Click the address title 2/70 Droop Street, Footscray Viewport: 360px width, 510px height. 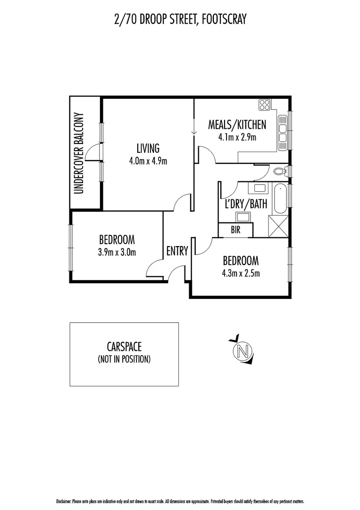180,20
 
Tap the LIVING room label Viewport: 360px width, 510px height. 148,148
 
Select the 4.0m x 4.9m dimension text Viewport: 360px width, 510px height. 148,161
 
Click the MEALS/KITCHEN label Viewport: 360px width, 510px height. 237,125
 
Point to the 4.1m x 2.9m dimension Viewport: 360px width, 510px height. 237,137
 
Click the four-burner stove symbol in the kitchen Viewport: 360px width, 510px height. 264,104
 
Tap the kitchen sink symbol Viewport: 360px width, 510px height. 283,129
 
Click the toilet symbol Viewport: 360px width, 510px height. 281,171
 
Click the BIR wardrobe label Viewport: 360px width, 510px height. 236,230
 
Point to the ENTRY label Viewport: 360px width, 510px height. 177,251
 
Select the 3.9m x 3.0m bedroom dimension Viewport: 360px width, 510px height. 117,252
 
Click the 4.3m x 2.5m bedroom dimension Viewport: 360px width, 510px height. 241,273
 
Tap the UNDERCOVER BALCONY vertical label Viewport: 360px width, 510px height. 79,153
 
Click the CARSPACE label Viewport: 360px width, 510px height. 124,348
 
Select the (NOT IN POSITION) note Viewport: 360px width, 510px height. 124,359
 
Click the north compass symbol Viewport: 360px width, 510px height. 243,351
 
